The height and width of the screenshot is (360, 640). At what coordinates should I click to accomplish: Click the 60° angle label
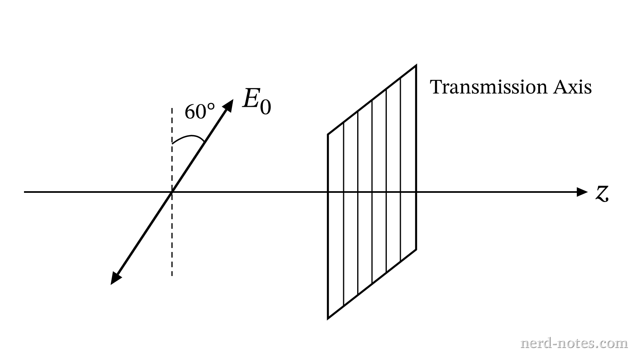point(200,112)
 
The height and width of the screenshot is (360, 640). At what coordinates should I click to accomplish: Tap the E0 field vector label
point(256,102)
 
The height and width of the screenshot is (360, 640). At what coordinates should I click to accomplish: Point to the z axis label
point(602,194)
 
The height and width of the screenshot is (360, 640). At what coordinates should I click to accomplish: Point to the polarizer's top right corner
point(416,66)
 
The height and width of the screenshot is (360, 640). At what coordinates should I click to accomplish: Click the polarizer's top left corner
point(328,134)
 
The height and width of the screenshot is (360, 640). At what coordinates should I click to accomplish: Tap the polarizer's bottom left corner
point(328,318)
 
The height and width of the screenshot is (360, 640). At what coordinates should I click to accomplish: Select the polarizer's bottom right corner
point(416,250)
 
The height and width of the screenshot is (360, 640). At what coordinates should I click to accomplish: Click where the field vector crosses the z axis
point(172,192)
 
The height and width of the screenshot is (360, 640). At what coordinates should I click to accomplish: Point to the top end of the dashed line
point(172,108)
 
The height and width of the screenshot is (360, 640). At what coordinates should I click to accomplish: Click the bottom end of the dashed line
point(172,276)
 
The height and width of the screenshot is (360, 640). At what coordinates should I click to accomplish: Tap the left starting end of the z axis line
point(24,192)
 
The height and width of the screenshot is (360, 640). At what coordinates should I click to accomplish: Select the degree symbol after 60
point(211,107)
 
